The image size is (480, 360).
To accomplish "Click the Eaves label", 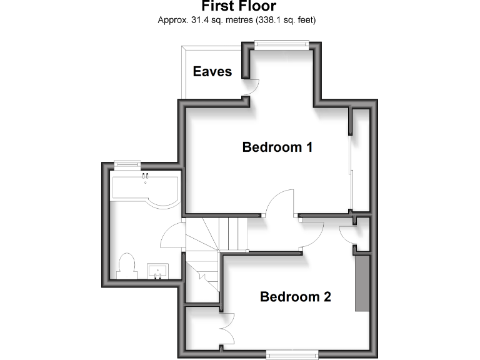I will (212, 71).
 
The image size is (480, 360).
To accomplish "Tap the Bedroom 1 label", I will (277, 147).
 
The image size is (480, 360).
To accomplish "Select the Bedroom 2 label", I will (295, 297).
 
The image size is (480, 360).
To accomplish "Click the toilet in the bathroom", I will (126, 264).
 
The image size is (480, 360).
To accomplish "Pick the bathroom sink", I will (157, 271).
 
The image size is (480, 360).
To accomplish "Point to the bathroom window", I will (127, 164).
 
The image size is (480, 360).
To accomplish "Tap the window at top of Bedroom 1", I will (281, 43).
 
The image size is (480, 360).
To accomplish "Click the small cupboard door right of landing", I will (347, 234).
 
